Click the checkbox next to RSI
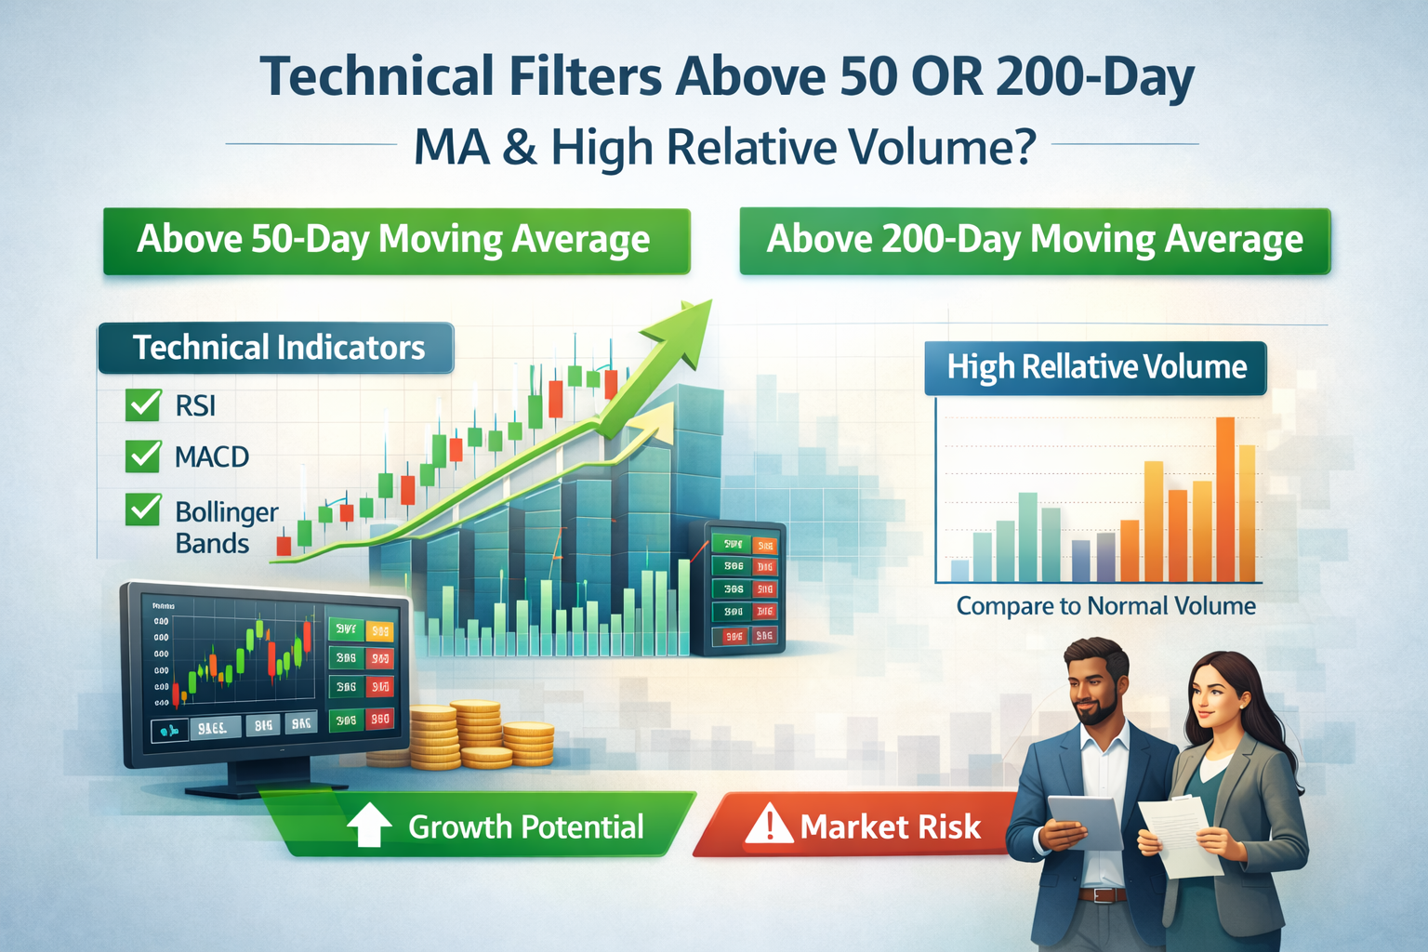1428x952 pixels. click(143, 404)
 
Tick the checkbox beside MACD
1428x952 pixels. click(143, 456)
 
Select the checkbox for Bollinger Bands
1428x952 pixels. click(143, 509)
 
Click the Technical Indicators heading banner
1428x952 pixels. click(276, 348)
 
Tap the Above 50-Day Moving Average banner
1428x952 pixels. click(396, 241)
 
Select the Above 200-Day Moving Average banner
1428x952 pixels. click(1034, 241)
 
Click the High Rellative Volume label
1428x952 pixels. click(1095, 367)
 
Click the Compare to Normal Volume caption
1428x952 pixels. click(1105, 606)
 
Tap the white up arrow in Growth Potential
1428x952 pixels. click(369, 825)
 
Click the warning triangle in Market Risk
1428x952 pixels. click(769, 825)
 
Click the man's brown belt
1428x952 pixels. click(1104, 895)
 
